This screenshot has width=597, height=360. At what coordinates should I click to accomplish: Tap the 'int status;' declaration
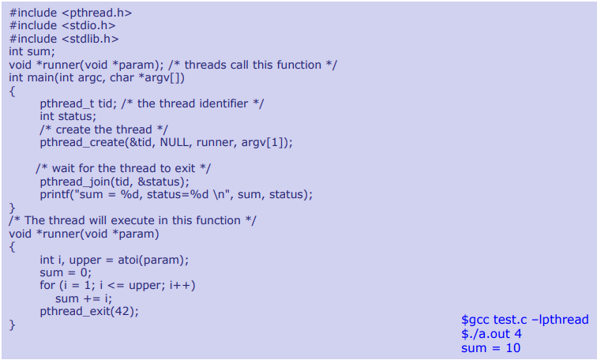(x=68, y=116)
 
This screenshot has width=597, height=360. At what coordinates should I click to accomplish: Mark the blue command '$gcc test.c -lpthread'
(x=524, y=320)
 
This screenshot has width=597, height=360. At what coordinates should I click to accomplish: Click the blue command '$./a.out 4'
(x=491, y=333)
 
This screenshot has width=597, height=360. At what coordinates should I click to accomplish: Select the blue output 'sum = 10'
(x=490, y=347)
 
